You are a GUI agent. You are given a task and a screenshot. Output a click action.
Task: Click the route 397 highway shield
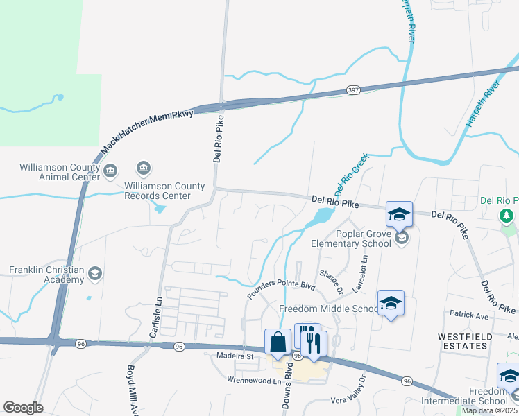point(353,90)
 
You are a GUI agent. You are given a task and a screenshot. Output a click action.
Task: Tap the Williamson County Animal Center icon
point(110,171)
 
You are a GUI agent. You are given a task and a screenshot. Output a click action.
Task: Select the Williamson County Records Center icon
point(144,168)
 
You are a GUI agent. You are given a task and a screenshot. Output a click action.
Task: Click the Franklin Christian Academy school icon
point(95,274)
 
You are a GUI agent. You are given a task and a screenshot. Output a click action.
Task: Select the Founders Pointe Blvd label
point(282,291)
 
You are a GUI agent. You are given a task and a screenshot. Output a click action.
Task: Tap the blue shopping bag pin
point(278,342)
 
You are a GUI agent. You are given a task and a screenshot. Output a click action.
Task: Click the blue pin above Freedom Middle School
point(391,304)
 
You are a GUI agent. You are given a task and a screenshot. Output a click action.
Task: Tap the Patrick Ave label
point(470,315)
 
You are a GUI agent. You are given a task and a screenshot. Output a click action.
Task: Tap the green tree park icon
point(508,217)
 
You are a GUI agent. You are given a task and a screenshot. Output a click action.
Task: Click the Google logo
point(23,408)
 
